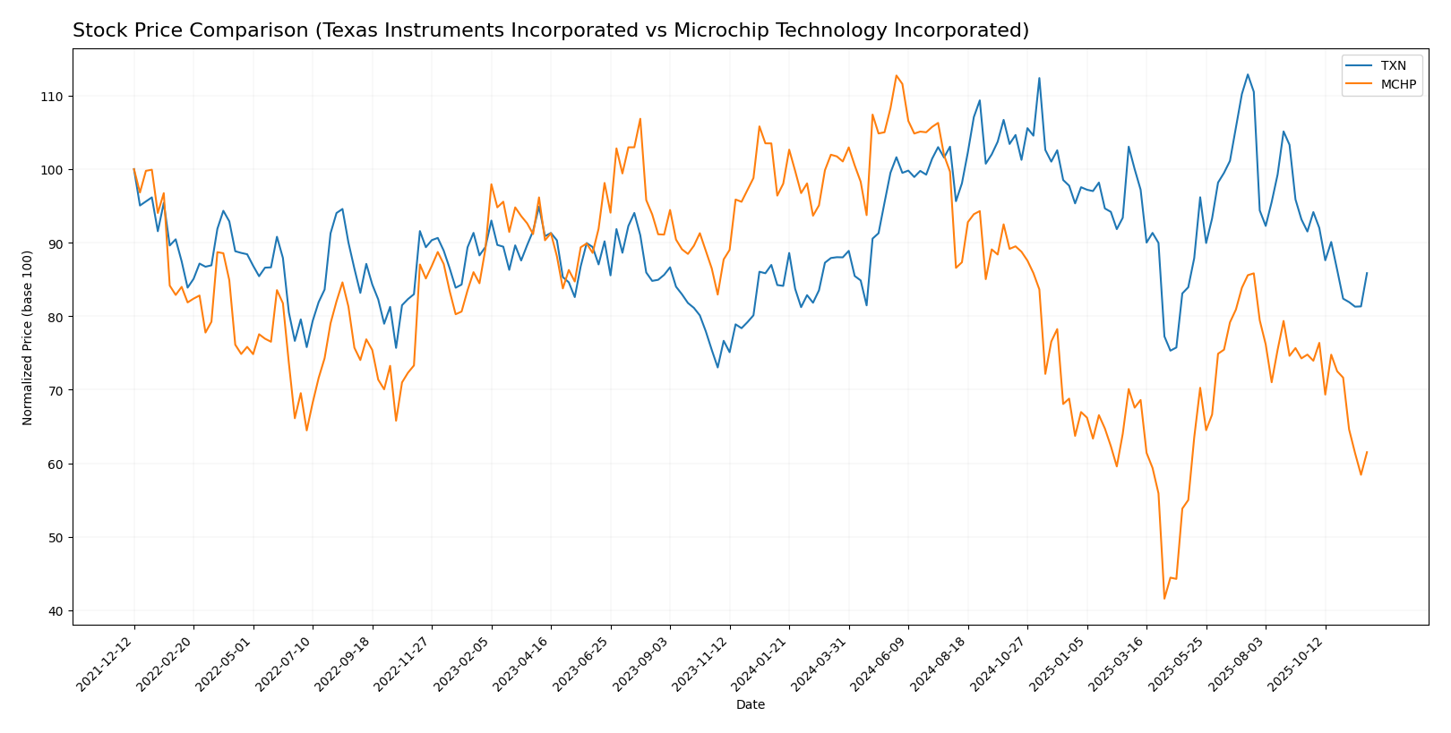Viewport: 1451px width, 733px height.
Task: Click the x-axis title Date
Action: tap(751, 705)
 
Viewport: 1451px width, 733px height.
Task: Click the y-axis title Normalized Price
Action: tap(28, 337)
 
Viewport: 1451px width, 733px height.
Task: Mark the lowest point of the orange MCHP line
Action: tap(1164, 598)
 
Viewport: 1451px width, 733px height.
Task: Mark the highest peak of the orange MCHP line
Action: tap(897, 75)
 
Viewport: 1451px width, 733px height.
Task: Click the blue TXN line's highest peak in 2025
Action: tap(1248, 74)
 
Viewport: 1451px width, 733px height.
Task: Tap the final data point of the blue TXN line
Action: tap(1367, 273)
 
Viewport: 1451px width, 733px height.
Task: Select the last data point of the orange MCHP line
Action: tap(1367, 452)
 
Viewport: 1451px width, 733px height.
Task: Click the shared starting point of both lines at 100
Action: tap(134, 169)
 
